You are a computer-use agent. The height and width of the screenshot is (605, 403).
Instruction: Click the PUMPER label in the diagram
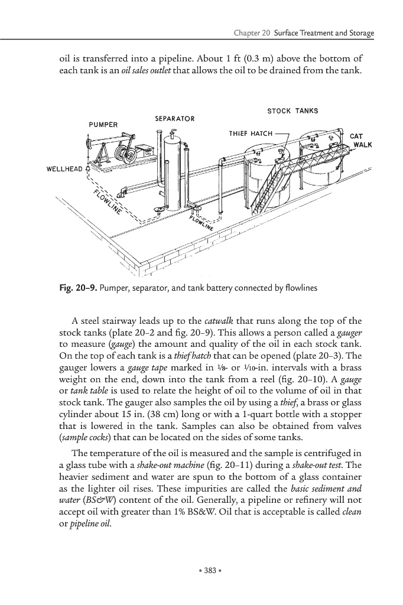pyautogui.click(x=103, y=125)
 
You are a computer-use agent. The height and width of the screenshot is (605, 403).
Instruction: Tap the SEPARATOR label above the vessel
pyautogui.click(x=174, y=119)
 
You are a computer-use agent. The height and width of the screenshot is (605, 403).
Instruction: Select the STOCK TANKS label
pyautogui.click(x=292, y=110)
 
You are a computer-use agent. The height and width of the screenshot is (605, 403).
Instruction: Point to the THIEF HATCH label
pyautogui.click(x=251, y=133)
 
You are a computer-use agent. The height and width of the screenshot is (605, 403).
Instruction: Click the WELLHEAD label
pyautogui.click(x=66, y=169)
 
